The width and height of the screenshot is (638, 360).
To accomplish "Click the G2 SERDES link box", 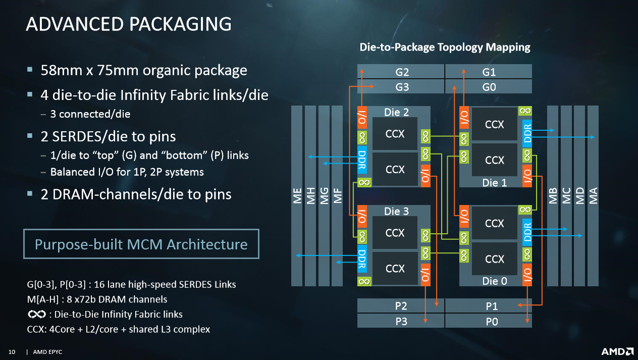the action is pyautogui.click(x=401, y=72).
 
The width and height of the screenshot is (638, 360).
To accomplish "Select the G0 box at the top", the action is pyautogui.click(x=489, y=86).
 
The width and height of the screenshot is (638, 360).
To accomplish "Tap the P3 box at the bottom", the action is pyautogui.click(x=401, y=321).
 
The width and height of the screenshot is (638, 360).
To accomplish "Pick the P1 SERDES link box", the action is pyautogui.click(x=489, y=305).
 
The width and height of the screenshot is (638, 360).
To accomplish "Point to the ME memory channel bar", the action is pyautogui.click(x=297, y=196).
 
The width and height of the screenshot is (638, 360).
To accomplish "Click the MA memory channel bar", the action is pyautogui.click(x=593, y=196).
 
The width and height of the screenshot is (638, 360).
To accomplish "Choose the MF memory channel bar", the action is pyautogui.click(x=337, y=196).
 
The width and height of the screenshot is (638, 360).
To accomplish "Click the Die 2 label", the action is pyautogui.click(x=396, y=112).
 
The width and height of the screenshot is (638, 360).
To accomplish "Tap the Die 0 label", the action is pyautogui.click(x=495, y=281).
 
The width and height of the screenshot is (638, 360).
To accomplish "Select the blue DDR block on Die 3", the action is pyautogui.click(x=362, y=259).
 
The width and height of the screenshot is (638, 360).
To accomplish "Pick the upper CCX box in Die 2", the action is pyautogui.click(x=395, y=134).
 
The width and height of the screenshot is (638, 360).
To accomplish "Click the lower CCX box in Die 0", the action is pyautogui.click(x=495, y=259).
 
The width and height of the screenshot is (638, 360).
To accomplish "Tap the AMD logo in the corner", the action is pyautogui.click(x=617, y=351).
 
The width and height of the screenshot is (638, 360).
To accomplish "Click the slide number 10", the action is pyautogui.click(x=12, y=352).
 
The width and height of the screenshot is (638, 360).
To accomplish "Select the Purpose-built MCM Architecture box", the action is pyautogui.click(x=141, y=244).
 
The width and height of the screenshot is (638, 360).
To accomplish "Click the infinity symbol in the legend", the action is pyautogui.click(x=37, y=314).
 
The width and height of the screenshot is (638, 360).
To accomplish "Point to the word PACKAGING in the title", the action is pyautogui.click(x=181, y=24).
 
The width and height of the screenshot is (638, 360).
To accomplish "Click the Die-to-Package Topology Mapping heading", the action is pyautogui.click(x=445, y=47).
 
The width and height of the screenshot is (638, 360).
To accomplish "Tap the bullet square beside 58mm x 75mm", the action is pyautogui.click(x=30, y=69).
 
